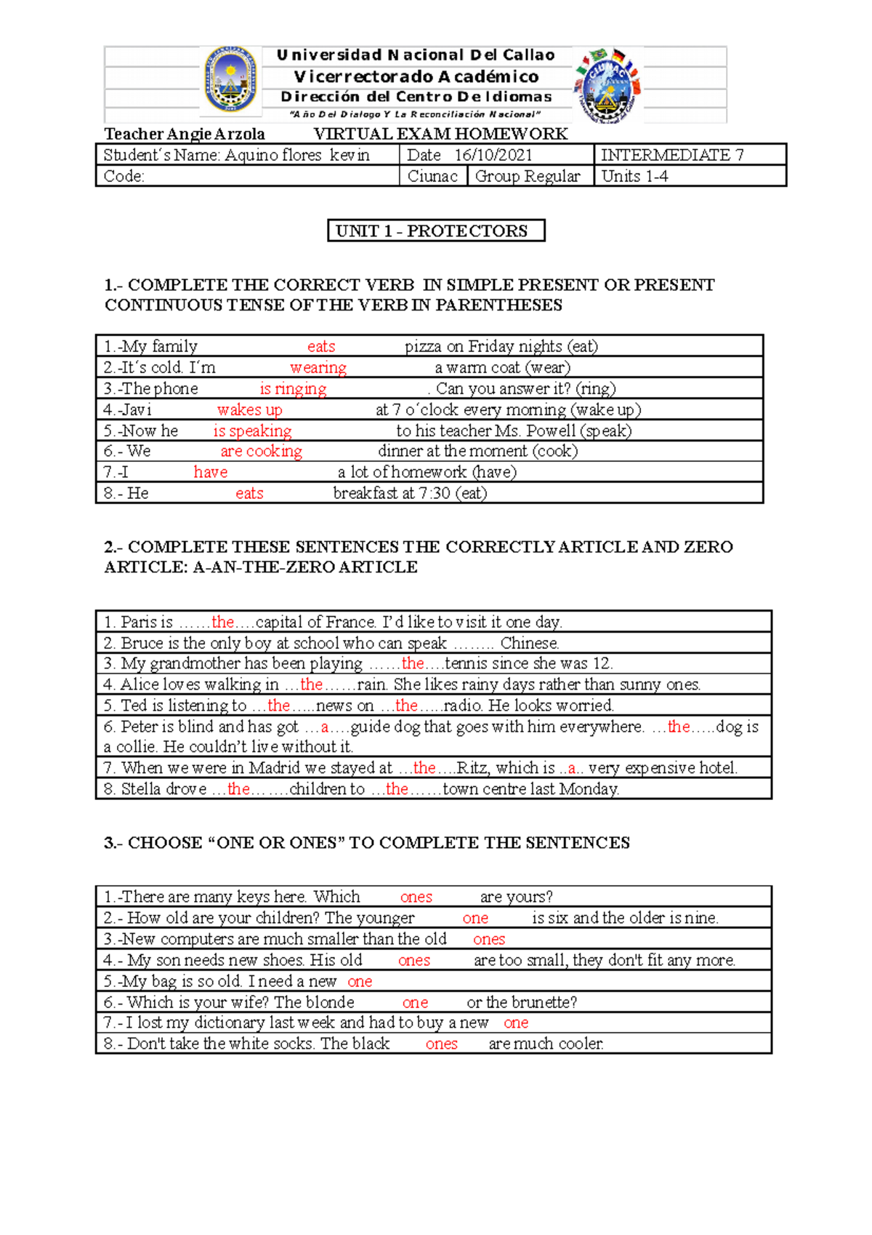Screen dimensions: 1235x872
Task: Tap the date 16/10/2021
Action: coord(493,155)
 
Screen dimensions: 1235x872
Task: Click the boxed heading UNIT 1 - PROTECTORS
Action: coord(435,231)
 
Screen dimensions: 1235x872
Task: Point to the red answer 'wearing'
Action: coord(318,367)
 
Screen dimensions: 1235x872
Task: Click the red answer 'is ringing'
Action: coord(293,388)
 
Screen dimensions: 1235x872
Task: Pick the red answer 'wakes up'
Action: coord(249,409)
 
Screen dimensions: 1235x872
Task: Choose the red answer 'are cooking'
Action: coord(261,451)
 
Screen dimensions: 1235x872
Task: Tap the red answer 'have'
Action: coord(211,472)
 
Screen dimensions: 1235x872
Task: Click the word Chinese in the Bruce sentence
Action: coord(529,643)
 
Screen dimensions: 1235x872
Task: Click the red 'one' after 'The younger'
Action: coord(475,919)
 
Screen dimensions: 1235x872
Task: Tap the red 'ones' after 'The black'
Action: coord(441,1044)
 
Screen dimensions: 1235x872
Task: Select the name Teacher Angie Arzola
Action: coord(185,134)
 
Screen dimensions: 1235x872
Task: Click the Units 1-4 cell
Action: coord(634,176)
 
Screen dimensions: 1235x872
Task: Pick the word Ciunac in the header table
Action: coord(432,176)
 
